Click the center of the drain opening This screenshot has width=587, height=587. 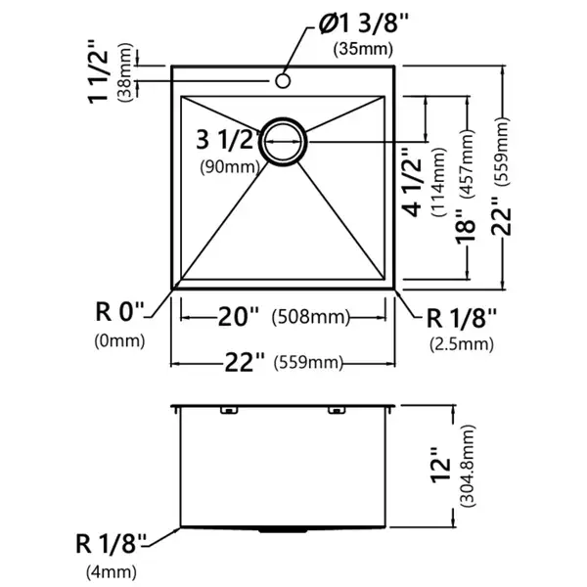pos(284,142)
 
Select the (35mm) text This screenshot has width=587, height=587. pos(364,49)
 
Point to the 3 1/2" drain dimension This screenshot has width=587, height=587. pos(228,140)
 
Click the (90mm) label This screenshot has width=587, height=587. pos(230,166)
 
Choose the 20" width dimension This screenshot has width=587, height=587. pos(238,317)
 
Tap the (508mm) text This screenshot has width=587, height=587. pos(311,317)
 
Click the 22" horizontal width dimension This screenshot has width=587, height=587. pos(245,362)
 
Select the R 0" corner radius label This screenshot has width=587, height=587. pos(119,311)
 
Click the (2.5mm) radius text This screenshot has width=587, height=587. pos(462,344)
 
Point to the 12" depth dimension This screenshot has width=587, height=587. pos(440,465)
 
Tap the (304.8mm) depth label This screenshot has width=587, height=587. pos(469,466)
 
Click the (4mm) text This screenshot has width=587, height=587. pos(112,572)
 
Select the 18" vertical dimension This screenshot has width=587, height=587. pos(466,231)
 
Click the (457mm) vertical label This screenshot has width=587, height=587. pos(469,163)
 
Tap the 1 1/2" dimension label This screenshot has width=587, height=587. pos(98,71)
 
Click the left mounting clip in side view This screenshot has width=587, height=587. pos(229,410)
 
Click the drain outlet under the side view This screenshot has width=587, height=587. pos(284,530)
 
